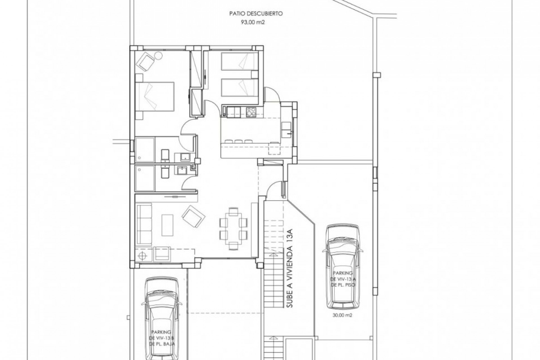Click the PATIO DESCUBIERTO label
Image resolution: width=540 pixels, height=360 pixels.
tap(256, 13)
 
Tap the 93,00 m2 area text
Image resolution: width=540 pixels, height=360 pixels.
tap(253, 23)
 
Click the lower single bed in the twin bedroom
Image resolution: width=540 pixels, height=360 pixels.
tap(239, 87)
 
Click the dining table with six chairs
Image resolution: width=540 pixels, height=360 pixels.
tap(233, 228)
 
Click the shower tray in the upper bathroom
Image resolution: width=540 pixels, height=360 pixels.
tap(145, 149)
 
